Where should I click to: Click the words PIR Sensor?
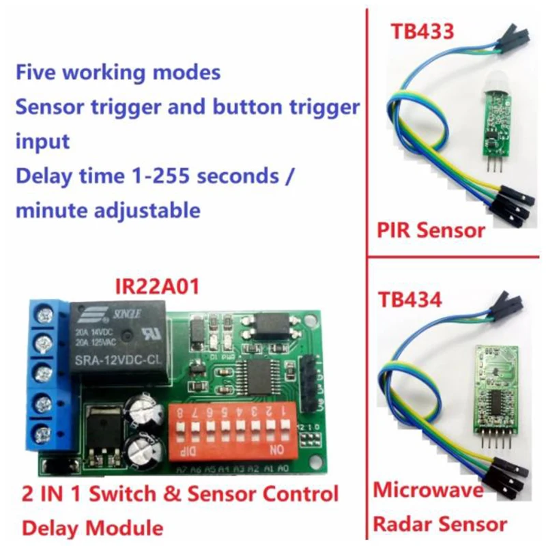(431, 229)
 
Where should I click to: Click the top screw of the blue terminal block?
(45, 316)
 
